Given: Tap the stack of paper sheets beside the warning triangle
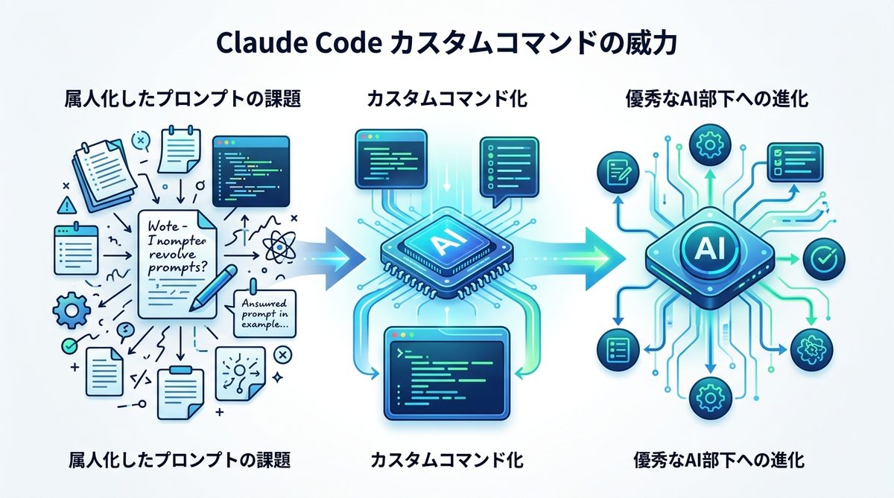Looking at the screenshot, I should [x=101, y=169].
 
